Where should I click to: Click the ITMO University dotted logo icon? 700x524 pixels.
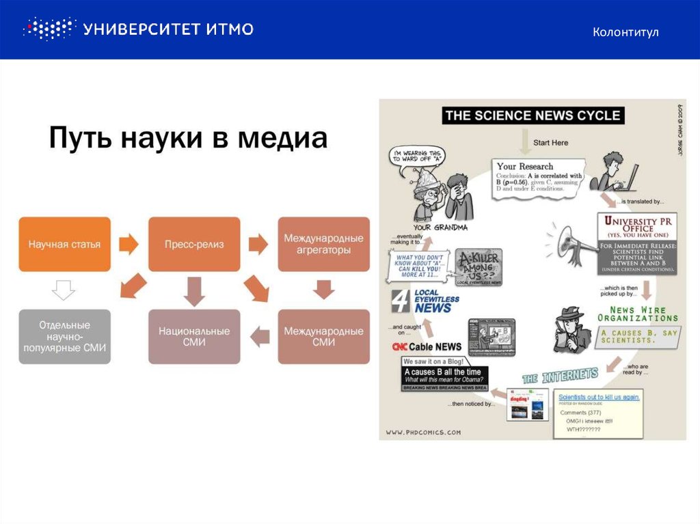(48, 29)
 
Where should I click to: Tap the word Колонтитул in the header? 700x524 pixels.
(625, 32)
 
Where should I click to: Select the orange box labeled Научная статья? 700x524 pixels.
(64, 244)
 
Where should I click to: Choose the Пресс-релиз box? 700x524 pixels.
(194, 244)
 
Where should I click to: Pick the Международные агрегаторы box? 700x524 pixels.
(323, 244)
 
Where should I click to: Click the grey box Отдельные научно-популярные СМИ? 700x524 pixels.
(64, 336)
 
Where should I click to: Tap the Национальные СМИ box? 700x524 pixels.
(194, 336)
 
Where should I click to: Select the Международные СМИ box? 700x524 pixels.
(323, 336)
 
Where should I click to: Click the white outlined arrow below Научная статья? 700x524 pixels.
(64, 291)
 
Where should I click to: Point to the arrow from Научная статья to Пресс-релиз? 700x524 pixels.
(129, 243)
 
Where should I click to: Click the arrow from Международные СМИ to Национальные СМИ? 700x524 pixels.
(259, 335)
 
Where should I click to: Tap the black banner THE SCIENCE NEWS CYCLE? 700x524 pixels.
(532, 115)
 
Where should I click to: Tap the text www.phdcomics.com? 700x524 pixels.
(423, 432)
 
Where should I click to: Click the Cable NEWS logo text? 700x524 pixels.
(427, 346)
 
